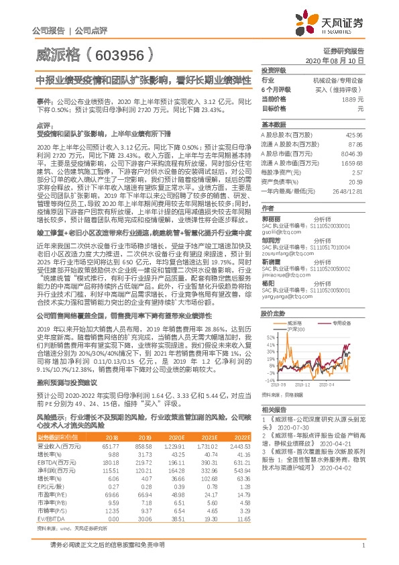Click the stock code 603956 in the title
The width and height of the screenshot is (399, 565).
click(122, 54)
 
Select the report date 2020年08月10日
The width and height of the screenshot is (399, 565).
click(338, 60)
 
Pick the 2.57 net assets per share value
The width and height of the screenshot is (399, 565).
click(357, 172)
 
